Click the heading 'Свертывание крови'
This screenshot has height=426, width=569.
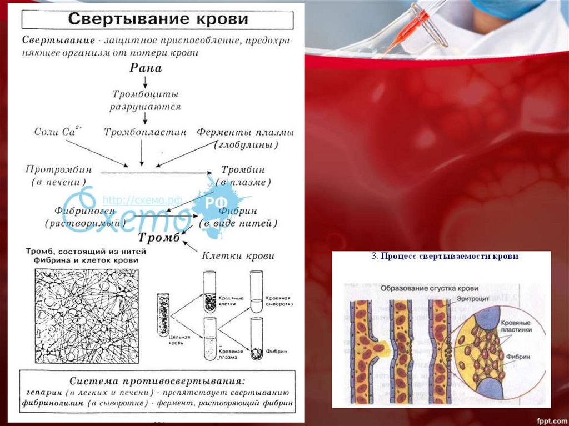click(x=158, y=18)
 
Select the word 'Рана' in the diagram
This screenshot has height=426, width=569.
click(x=146, y=68)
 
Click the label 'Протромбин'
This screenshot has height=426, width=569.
click(x=58, y=169)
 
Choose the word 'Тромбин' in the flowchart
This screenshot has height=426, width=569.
click(x=243, y=169)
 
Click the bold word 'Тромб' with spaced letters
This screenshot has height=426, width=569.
click(x=159, y=238)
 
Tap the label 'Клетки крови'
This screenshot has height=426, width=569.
click(x=238, y=256)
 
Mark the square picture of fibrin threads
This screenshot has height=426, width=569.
click(x=87, y=316)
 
